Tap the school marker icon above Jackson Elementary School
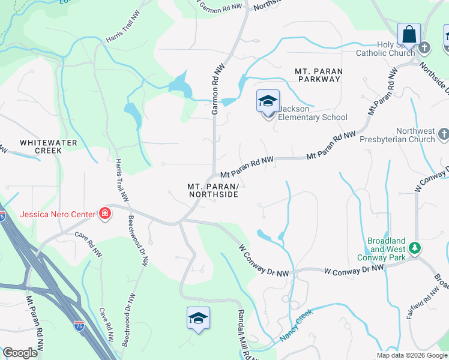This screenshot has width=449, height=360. pyautogui.click(x=268, y=101)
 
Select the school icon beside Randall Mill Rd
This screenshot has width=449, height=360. pyautogui.click(x=198, y=319)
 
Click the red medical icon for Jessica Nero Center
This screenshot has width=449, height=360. pyautogui.click(x=105, y=214)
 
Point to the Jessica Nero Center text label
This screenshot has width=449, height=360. pyautogui.click(x=58, y=214)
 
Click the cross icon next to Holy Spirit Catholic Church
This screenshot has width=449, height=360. pyautogui.click(x=424, y=47)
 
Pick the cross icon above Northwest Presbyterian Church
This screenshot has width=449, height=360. pyautogui.click(x=443, y=133)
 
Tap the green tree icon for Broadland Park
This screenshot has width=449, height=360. pyautogui.click(x=414, y=247)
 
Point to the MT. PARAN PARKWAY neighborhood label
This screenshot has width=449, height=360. pyautogui.click(x=319, y=75)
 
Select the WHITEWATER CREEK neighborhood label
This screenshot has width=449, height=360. pyautogui.click(x=41, y=146)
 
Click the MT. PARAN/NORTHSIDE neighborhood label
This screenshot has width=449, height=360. pyautogui.click(x=212, y=191)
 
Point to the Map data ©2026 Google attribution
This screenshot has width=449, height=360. pyautogui.click(x=411, y=355)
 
